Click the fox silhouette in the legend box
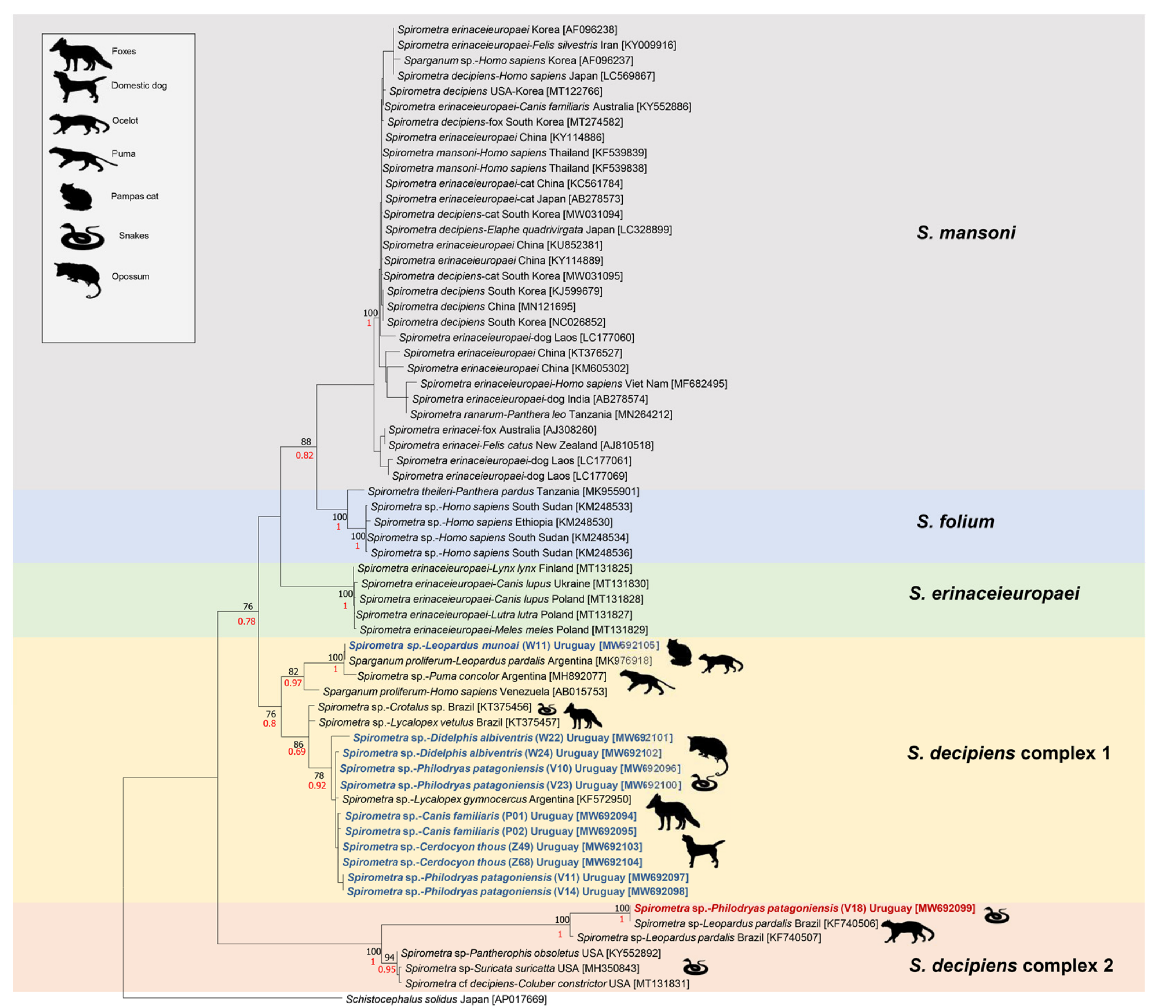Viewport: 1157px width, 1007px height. click(79, 54)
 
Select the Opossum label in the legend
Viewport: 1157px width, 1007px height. click(130, 276)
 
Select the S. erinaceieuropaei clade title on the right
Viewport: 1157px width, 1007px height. click(994, 593)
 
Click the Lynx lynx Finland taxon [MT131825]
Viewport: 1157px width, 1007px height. click(495, 569)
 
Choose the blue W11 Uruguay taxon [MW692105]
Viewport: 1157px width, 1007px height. click(503, 646)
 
